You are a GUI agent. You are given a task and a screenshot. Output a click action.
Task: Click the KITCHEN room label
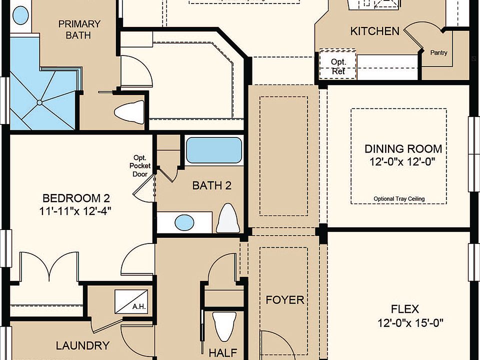click(374, 31)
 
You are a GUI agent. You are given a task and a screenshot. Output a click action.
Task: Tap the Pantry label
click(438, 52)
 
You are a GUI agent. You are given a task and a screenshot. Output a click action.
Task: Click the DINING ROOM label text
click(403, 148)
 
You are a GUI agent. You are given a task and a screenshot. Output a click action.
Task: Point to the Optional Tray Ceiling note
click(399, 198)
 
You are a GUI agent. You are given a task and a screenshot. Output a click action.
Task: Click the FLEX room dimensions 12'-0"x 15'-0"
click(411, 322)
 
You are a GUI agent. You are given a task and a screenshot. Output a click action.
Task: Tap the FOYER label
click(284, 300)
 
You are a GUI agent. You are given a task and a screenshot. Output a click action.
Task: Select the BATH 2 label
click(212, 186)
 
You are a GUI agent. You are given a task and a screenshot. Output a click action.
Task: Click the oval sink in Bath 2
click(184, 221)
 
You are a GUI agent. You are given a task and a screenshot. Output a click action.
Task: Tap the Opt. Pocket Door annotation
click(139, 165)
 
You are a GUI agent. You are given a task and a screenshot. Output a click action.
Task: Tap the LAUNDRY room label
click(82, 345)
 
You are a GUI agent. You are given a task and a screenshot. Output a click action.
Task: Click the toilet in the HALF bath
click(224, 325)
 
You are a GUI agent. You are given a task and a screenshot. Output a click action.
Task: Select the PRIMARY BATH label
click(79, 29)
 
